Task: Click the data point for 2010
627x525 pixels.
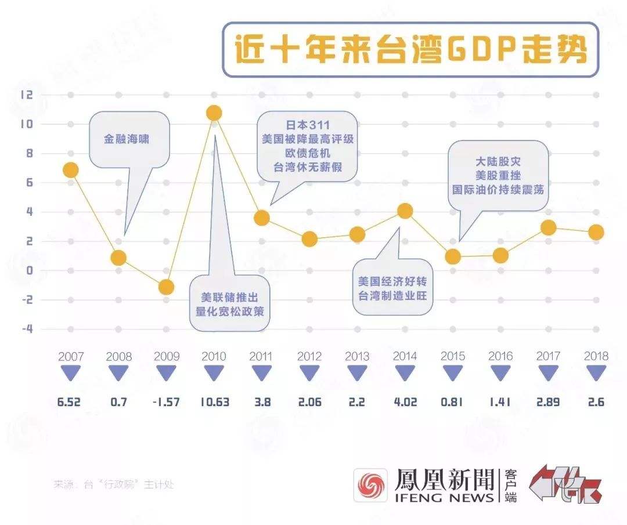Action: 214,113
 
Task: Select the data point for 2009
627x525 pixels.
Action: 166,287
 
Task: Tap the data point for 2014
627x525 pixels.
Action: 405,211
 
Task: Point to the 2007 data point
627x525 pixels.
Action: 71,170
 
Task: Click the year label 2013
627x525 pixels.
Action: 357,356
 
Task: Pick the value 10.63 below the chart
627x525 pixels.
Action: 214,401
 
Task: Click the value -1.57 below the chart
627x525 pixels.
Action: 166,401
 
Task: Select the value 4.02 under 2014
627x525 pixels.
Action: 405,401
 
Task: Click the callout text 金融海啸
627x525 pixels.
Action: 127,139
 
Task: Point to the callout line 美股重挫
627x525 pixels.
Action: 499,176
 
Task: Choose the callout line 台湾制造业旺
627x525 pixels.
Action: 392,295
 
